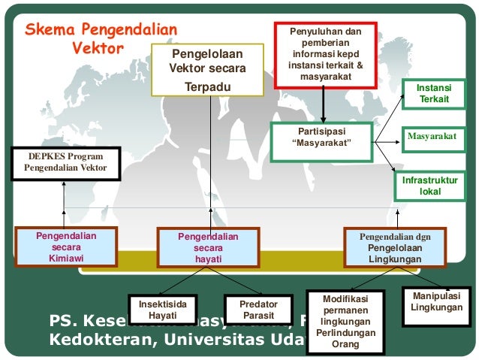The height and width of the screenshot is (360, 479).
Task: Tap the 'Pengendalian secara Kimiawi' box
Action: click(66, 247)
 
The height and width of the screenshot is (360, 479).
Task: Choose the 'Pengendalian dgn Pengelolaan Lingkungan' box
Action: click(395, 247)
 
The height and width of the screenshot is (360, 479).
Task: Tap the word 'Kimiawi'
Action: click(66, 258)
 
